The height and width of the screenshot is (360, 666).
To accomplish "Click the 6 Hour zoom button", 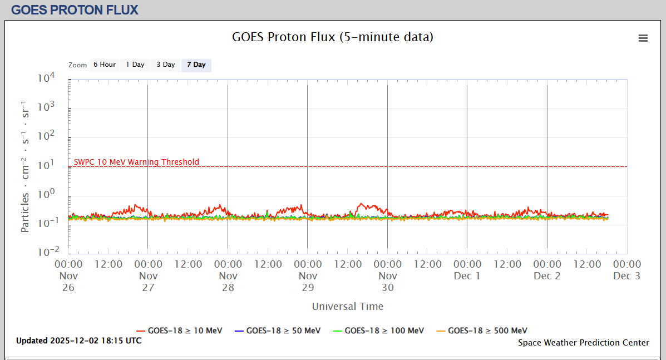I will [104, 65].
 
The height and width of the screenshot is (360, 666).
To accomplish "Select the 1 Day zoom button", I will [135, 65].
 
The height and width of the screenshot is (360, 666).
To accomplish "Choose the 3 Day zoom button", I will [165, 65].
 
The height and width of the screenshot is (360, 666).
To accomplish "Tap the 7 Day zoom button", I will [196, 65].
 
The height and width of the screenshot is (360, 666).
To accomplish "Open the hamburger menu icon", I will [643, 38].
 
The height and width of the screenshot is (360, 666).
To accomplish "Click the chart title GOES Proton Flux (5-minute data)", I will [332, 37].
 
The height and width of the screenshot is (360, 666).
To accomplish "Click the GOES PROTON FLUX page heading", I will [75, 9].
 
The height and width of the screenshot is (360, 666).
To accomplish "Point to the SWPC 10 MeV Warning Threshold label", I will [136, 162].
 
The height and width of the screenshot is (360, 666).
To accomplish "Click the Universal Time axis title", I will [347, 306].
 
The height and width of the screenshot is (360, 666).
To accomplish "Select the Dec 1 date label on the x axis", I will [467, 276].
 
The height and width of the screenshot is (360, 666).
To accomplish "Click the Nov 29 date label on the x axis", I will [308, 282].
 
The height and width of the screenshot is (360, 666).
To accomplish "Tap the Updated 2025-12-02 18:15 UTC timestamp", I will [78, 341].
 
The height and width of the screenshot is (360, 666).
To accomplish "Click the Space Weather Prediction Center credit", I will [583, 343].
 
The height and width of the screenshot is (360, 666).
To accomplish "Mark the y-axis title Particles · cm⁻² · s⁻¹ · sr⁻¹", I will [26, 166].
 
